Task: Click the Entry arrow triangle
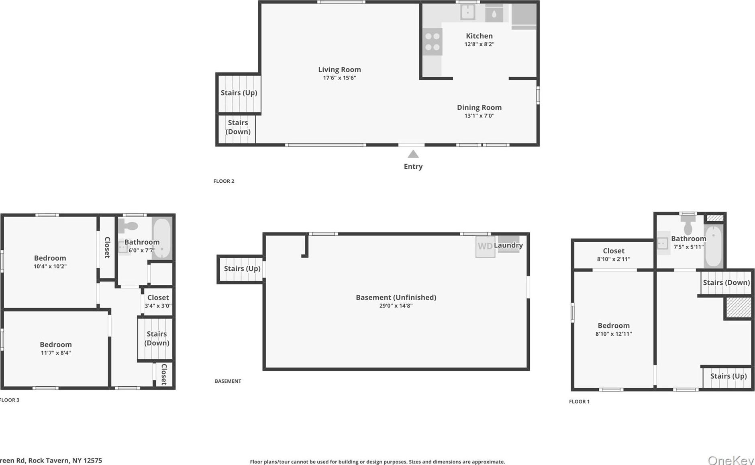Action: coord(413,154)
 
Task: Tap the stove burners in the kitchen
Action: coord(432,42)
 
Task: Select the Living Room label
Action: coord(339,69)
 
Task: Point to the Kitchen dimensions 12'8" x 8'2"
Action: coord(479,44)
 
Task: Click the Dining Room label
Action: coord(479,107)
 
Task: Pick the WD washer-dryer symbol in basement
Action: coord(485,246)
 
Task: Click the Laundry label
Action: coord(508,245)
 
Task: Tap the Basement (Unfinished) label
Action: coord(396,297)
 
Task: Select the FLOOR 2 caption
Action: coord(224,181)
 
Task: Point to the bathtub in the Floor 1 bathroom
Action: coord(714,246)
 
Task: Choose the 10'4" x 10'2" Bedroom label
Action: coord(50,258)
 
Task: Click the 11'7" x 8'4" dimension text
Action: coord(56,353)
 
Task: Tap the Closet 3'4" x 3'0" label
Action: coord(158,298)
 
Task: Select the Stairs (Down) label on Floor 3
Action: coord(157,338)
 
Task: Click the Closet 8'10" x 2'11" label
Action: coord(613,251)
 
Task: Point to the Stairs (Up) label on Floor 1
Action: coord(728,376)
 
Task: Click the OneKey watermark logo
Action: coord(731,460)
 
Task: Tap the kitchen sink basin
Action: coord(467,12)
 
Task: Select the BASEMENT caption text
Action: coord(228,381)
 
